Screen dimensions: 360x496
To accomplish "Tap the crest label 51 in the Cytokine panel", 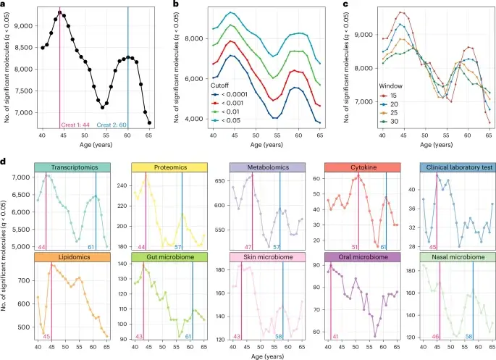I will pos(352,247).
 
